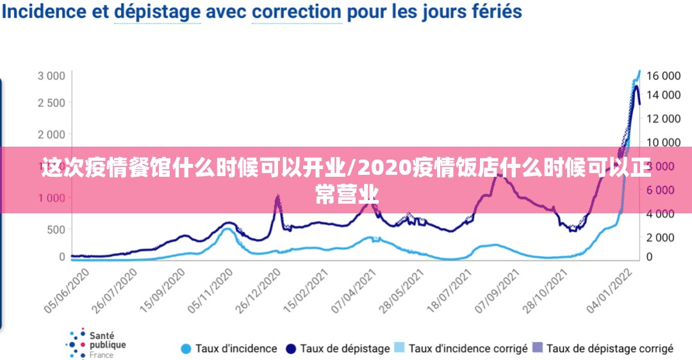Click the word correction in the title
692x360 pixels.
[x=296, y=12]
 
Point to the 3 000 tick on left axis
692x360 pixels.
[x=51, y=76]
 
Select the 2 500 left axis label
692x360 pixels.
[x=51, y=102]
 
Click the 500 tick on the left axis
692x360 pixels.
[x=56, y=229]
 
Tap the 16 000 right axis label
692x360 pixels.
[x=663, y=76]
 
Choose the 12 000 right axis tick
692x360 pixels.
[x=663, y=119]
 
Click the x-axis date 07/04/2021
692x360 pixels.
[x=354, y=290]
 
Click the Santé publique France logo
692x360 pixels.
[x=96, y=344]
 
